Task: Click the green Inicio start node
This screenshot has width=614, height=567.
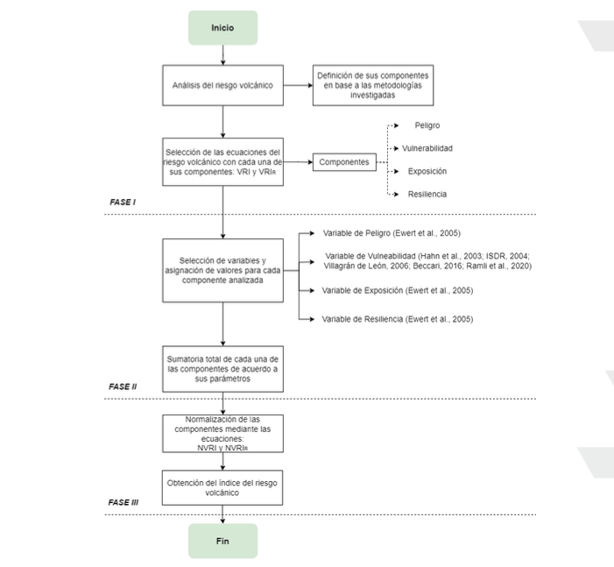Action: [222, 28]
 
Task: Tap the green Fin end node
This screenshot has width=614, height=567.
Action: [222, 541]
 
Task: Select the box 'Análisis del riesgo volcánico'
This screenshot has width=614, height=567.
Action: [222, 85]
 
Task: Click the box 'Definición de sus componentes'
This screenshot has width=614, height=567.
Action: [373, 85]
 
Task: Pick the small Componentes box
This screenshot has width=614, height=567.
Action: [344, 162]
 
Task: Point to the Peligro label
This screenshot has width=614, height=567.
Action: [427, 125]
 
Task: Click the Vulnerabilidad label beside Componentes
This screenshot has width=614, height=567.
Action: [427, 148]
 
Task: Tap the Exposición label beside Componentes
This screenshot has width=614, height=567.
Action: [427, 171]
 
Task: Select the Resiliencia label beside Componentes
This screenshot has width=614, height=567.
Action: [427, 194]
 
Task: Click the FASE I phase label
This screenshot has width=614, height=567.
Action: [123, 202]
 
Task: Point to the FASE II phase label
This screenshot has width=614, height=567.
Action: [123, 386]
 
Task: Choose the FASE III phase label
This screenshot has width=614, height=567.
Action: [123, 502]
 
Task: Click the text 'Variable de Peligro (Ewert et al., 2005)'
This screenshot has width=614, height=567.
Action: [392, 233]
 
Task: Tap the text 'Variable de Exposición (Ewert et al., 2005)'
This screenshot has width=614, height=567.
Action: [398, 290]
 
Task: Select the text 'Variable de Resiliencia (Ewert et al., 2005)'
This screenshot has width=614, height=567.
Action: [398, 319]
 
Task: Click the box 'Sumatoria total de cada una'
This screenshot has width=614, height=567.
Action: [222, 369]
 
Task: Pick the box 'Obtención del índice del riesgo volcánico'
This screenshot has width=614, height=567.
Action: [222, 488]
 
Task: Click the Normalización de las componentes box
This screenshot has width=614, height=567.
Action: [222, 434]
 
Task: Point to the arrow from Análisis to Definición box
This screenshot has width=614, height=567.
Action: [298, 85]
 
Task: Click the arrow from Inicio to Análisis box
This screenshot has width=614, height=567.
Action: [222, 55]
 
